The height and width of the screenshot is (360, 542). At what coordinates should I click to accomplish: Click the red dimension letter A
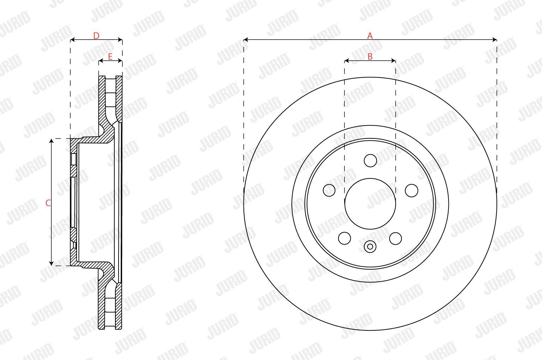click(x=370, y=36)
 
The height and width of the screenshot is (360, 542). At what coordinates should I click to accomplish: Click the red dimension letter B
click(x=370, y=56)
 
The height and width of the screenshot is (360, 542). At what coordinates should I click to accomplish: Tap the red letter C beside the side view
click(x=48, y=203)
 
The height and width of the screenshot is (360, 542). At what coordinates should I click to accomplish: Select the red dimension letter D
click(x=96, y=36)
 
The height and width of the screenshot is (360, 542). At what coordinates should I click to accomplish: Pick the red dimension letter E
click(x=110, y=56)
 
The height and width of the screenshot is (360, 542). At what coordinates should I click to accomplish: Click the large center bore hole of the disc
click(x=370, y=204)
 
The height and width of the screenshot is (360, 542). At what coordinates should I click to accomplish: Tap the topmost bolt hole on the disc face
click(x=370, y=161)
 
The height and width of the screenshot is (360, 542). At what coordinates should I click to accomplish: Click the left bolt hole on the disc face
click(x=329, y=190)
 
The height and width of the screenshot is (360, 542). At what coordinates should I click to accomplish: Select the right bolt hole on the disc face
click(x=411, y=190)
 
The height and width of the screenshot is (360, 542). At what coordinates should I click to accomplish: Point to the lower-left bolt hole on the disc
click(x=344, y=238)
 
